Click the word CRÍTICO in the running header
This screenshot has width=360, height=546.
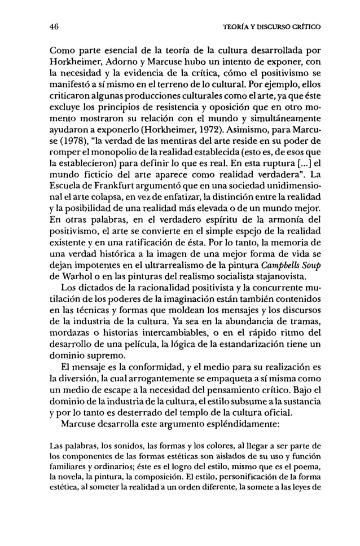[x=305, y=26]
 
